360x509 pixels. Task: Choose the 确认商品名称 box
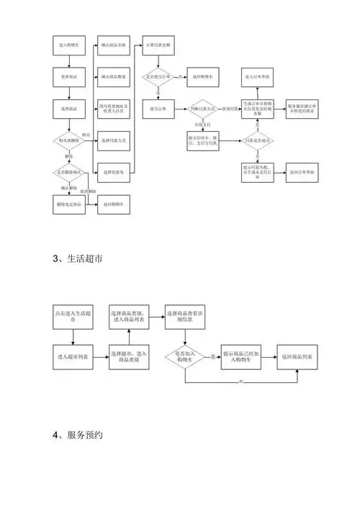[x=114, y=45]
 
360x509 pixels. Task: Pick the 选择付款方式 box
[x=114, y=140]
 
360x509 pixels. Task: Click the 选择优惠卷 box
[x=114, y=173]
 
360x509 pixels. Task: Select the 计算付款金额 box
[x=158, y=45]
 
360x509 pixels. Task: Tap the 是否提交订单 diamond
[x=158, y=76]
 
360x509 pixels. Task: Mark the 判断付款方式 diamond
[x=204, y=108]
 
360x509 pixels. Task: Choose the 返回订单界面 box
[x=302, y=173]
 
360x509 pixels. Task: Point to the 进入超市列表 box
[x=72, y=356]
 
